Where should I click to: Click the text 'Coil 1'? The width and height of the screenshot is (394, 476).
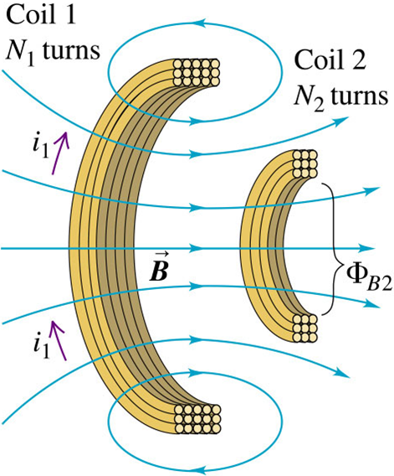pos(41,14)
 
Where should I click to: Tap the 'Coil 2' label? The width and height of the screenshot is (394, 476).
pos(330,60)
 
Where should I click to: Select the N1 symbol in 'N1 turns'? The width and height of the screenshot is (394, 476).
pos(21,51)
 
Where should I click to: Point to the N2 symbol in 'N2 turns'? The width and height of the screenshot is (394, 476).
pos(309,97)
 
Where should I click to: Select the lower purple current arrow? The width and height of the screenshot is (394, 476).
pos(59,340)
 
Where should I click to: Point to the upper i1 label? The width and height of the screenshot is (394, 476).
pos(41,147)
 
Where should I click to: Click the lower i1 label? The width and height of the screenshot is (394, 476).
pos(41,347)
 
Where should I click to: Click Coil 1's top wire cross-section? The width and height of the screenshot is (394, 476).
pos(196,72)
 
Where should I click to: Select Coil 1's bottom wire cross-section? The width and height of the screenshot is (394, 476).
pos(197,419)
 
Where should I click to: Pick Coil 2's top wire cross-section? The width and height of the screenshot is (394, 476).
pos(304,163)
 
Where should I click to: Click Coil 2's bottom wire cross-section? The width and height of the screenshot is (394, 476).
pos(304,329)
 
